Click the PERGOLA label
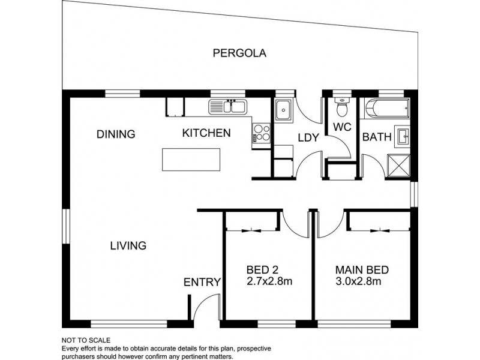pyautogui.click(x=239, y=53)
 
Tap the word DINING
pyautogui.click(x=116, y=134)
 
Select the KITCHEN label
pyautogui.click(x=206, y=133)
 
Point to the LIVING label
pyautogui.click(x=128, y=245)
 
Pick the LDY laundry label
pyautogui.click(x=308, y=138)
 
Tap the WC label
pyautogui.click(x=341, y=127)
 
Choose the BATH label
pyautogui.click(x=377, y=137)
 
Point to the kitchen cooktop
pyautogui.click(x=262, y=133)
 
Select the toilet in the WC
pyautogui.click(x=342, y=109)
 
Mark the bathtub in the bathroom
pyautogui.click(x=387, y=110)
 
